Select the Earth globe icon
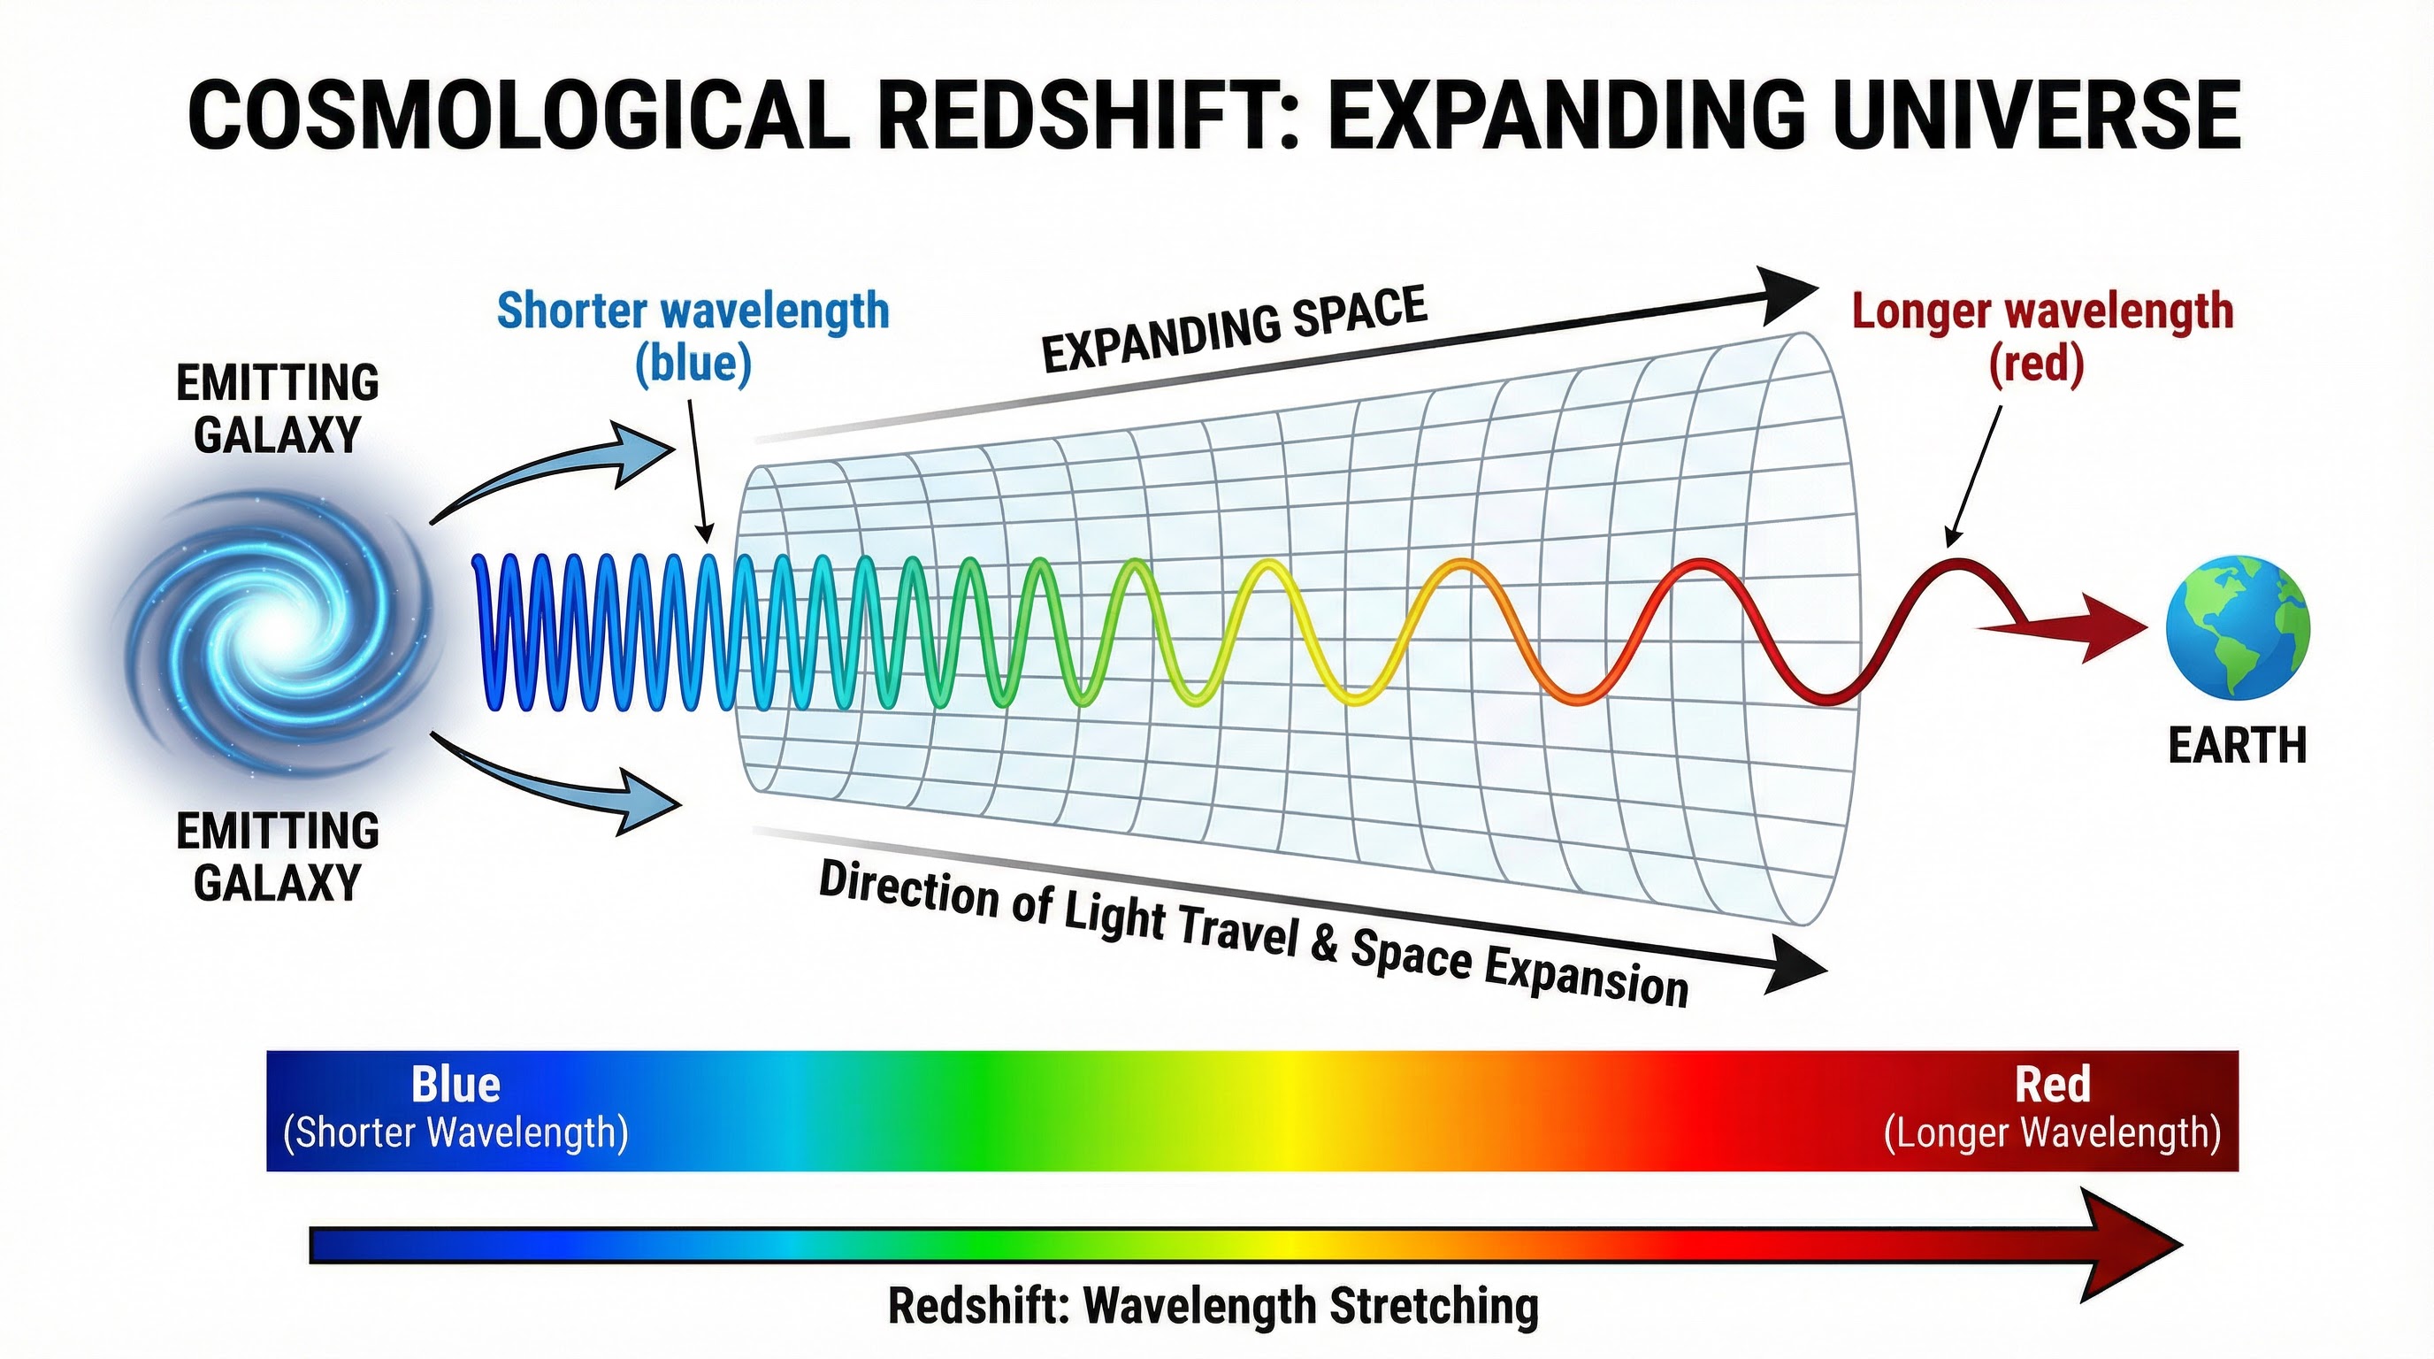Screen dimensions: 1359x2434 2238,626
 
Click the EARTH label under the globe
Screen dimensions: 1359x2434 2237,746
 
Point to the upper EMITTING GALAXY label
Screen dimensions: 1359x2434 277,408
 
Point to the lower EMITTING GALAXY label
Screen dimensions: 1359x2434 277,856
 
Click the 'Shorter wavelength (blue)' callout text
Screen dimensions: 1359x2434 693,336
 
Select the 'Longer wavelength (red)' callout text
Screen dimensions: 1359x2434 2041,336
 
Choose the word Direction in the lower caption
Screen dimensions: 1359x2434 907,889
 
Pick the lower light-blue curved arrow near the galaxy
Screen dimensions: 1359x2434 567,783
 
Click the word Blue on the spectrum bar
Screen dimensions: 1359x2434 455,1085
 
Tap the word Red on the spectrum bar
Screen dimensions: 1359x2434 2051,1085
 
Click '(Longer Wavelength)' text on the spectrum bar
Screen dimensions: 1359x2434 2051,1132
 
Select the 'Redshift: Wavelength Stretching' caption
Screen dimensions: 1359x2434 1213,1307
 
